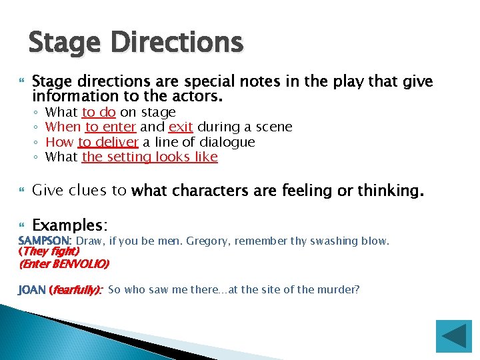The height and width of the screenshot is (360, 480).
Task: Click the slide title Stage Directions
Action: click(x=136, y=43)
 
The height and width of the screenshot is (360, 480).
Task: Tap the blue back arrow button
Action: click(x=453, y=336)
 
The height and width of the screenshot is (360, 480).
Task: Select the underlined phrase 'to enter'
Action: click(x=111, y=127)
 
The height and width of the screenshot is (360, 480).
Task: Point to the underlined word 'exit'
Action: click(x=181, y=127)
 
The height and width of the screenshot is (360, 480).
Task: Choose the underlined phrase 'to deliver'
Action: click(x=108, y=141)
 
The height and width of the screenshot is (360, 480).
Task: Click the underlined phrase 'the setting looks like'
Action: click(x=149, y=157)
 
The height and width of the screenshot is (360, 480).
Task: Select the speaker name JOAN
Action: click(x=33, y=289)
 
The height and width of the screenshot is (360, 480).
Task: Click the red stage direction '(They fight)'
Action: click(x=50, y=251)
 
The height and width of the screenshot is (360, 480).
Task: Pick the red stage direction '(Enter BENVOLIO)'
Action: click(x=64, y=263)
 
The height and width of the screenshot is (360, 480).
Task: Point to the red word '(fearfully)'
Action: click(x=76, y=289)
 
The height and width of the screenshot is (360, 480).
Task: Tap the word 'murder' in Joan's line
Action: click(x=339, y=289)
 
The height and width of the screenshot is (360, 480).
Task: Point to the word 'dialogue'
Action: click(x=227, y=141)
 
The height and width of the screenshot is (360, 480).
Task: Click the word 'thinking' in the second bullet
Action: click(x=387, y=191)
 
